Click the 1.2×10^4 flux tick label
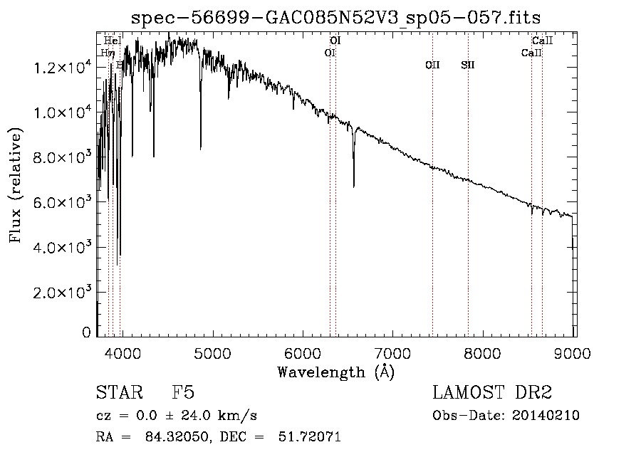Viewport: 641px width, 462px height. coord(63,68)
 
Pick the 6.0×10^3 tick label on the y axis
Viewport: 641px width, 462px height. coord(63,203)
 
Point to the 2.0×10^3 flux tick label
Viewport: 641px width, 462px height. coord(63,293)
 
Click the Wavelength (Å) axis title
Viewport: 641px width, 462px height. coord(335,372)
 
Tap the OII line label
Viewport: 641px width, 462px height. coord(432,65)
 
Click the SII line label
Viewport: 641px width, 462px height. coord(467,65)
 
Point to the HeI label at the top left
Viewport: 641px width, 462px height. coord(112,41)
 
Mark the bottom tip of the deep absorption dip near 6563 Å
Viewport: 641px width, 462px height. coord(354,187)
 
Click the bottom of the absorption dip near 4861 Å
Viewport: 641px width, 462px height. coord(201,149)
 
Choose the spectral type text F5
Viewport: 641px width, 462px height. coord(183,393)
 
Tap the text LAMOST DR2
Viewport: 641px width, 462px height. coord(492,393)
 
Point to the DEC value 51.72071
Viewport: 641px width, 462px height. coord(308,437)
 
